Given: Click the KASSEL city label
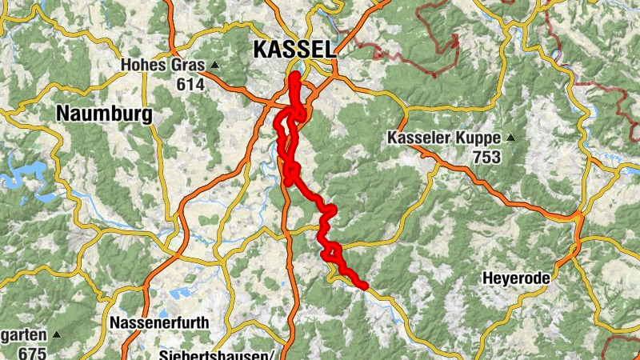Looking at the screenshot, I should pos(294,49).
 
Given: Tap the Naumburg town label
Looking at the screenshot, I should pos(104,114).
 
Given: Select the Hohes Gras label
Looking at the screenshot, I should pos(164,65).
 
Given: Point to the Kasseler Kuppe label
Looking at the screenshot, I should pos(444,138).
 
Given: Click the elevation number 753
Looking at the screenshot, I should pos(485,156).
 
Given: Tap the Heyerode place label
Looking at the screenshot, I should pos(516,278).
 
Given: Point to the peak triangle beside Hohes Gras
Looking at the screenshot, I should pos(214,65).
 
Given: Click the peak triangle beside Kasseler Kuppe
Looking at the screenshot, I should pos(510,138).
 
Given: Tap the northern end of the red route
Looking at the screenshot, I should pos(294,77).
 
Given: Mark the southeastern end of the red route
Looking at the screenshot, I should pos(364,285).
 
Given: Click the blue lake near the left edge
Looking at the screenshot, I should pos(20,178).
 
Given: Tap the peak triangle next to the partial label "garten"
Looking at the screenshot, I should pos(56,334).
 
